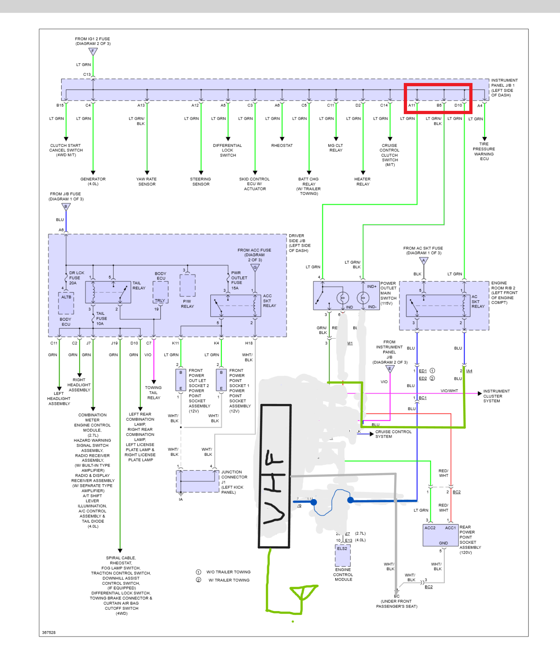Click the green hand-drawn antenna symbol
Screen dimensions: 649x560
click(x=303, y=593)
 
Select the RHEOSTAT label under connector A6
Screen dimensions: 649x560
click(x=282, y=146)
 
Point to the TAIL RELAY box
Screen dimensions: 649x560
click(x=108, y=292)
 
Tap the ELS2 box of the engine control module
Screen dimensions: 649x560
click(x=343, y=555)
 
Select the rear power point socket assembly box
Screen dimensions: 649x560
click(x=440, y=535)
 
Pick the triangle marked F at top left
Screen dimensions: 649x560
click(x=93, y=52)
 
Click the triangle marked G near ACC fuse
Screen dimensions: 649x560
click(x=255, y=268)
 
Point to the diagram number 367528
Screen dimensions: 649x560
click(x=49, y=632)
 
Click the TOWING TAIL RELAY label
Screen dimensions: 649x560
click(x=154, y=393)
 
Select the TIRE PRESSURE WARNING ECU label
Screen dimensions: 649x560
click(x=484, y=151)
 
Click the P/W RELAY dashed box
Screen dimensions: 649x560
click(x=188, y=285)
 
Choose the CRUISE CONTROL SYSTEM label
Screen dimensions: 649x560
click(x=393, y=434)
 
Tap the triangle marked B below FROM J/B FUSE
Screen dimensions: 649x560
click(x=66, y=207)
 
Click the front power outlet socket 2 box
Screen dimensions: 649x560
click(x=181, y=380)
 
